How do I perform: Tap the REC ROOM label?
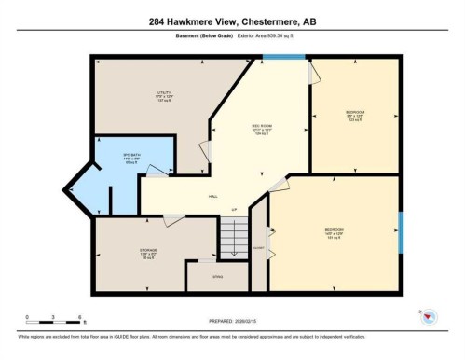[261, 129]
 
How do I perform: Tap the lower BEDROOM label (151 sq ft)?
[334, 233]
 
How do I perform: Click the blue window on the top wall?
[284, 58]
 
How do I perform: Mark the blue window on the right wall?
[401, 230]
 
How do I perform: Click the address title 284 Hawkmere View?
[232, 21]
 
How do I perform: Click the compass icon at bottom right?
[430, 317]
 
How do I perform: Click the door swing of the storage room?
[171, 220]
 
